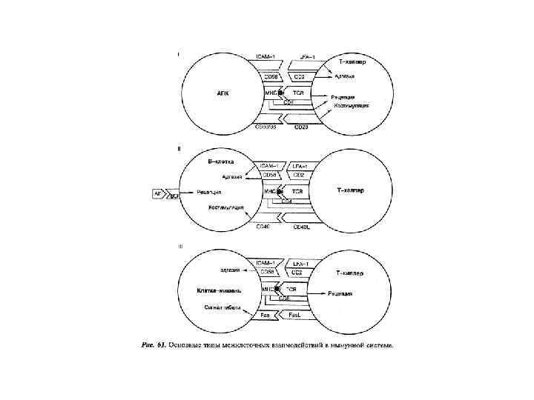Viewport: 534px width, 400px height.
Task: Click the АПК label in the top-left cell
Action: tap(220, 93)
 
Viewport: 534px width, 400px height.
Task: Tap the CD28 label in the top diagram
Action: tap(301, 127)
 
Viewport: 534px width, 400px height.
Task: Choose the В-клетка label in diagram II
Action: tap(222, 161)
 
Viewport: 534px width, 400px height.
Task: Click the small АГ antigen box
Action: tap(157, 193)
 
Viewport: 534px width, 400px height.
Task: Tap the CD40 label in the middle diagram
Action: tap(263, 226)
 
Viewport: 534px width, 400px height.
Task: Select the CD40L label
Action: tap(301, 226)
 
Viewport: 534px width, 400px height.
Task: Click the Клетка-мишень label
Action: tap(215, 290)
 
